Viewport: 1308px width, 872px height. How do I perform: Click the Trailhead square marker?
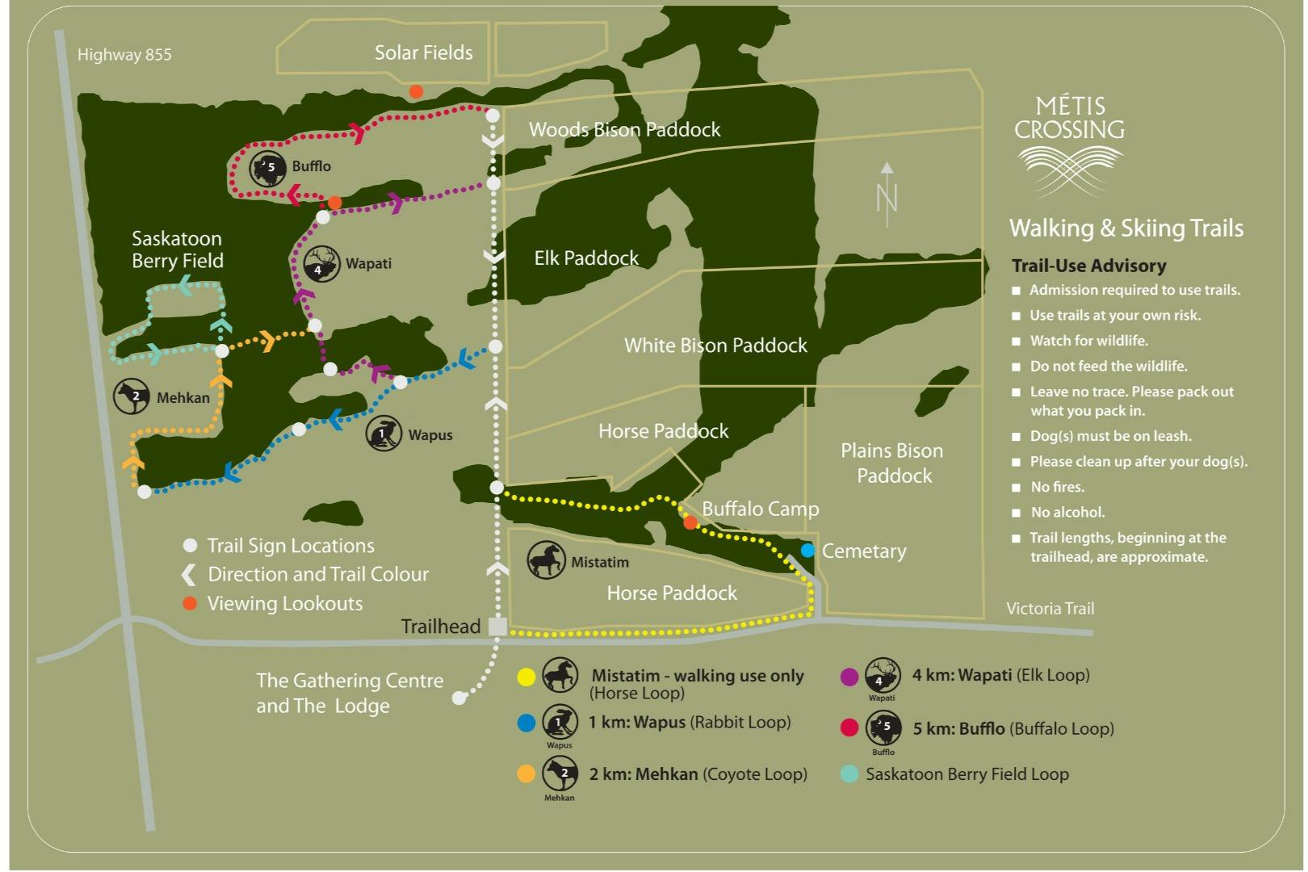point(497,627)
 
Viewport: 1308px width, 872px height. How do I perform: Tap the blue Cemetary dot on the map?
point(807,551)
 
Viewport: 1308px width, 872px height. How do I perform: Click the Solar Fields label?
point(423,53)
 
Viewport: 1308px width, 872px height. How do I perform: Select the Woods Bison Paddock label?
point(624,129)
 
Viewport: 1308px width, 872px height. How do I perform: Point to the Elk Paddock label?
point(586,258)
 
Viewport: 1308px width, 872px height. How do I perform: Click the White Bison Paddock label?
point(715,346)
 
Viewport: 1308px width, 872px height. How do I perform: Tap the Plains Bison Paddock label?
point(893,463)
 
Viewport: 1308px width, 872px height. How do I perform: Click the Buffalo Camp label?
point(760,509)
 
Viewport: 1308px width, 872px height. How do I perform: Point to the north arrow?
point(887,195)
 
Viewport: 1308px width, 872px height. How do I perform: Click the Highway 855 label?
point(124,55)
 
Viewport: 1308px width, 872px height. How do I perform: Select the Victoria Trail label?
point(1050,609)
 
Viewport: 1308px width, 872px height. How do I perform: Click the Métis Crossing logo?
point(1069,145)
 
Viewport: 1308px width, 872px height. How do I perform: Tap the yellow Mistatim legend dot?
point(526,677)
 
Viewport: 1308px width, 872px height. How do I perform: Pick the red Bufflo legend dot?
point(849,727)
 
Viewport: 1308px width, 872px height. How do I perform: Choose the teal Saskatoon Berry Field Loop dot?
point(849,773)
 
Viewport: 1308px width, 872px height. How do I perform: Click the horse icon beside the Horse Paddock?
point(546,560)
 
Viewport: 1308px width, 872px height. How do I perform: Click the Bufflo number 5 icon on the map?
point(268,168)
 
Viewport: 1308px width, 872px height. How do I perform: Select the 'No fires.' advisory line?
point(1057,487)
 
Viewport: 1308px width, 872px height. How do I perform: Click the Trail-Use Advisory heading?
point(1088,266)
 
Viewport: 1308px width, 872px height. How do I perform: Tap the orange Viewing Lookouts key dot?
point(190,603)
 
